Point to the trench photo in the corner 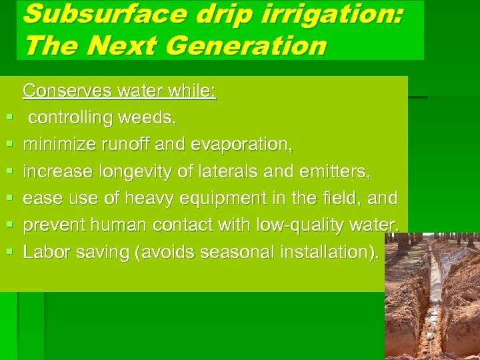(x=432, y=296)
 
